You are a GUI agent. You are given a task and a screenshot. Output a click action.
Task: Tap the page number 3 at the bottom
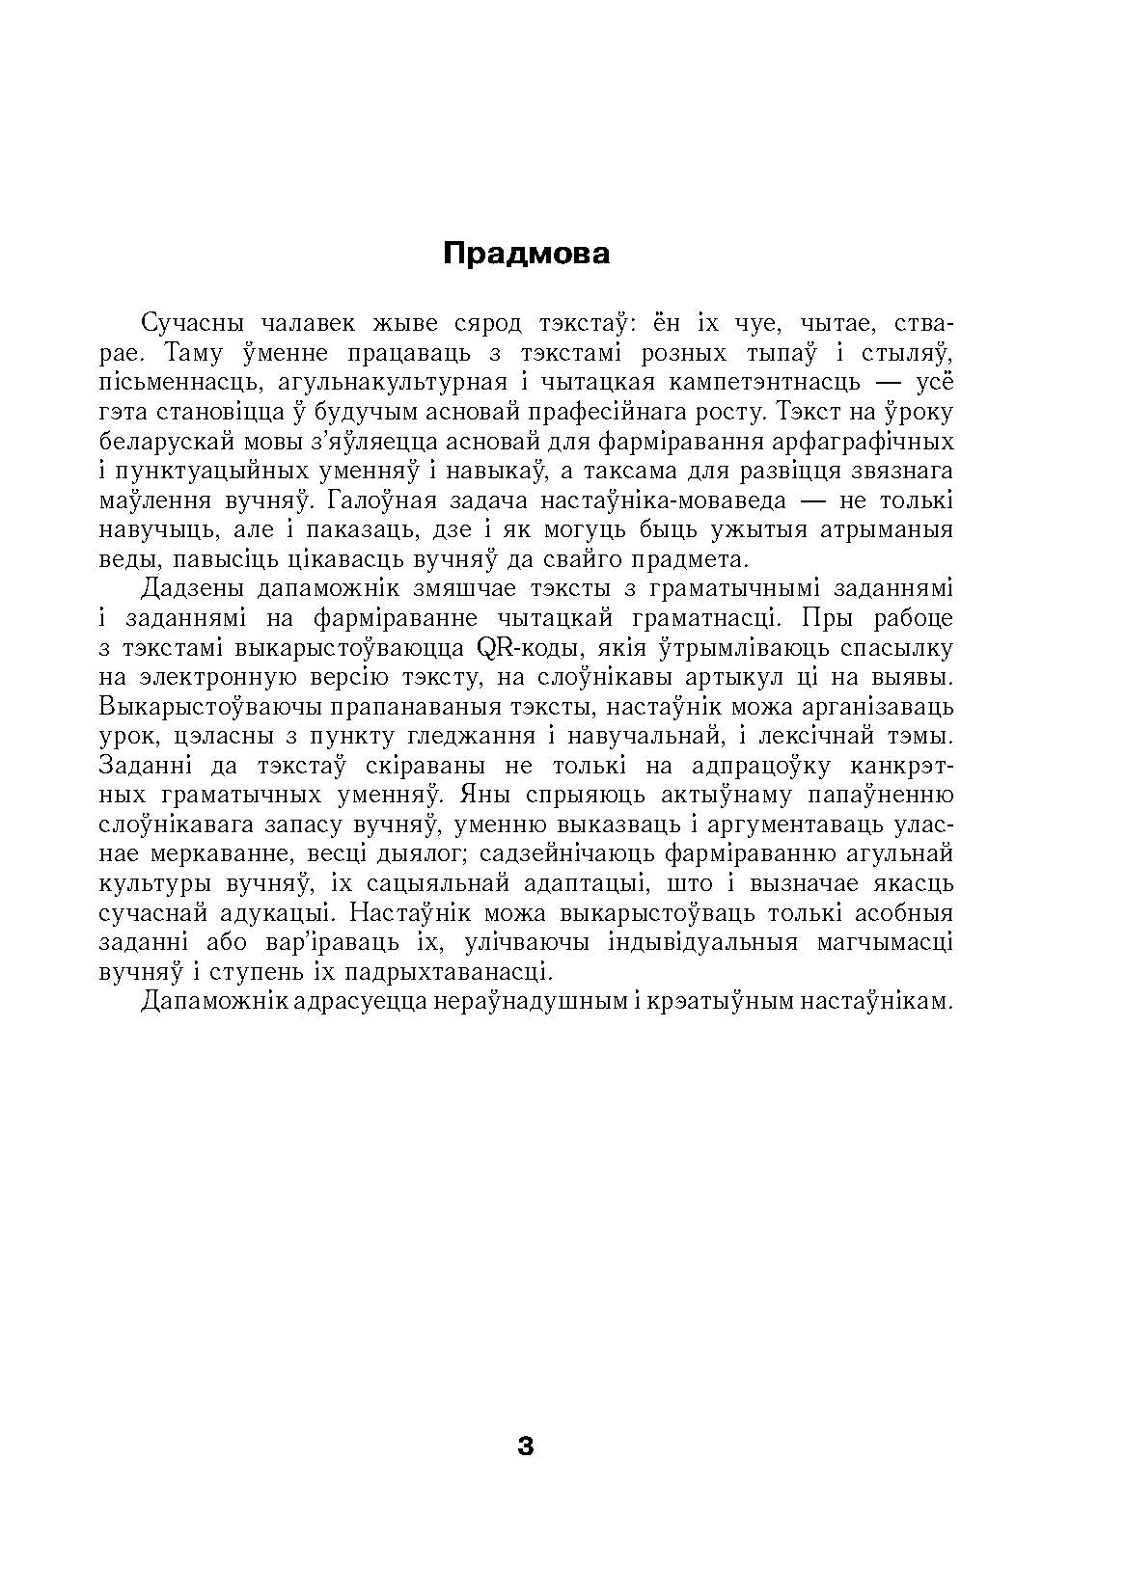[526, 1446]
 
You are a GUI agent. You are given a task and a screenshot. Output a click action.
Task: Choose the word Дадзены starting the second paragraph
[190, 588]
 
